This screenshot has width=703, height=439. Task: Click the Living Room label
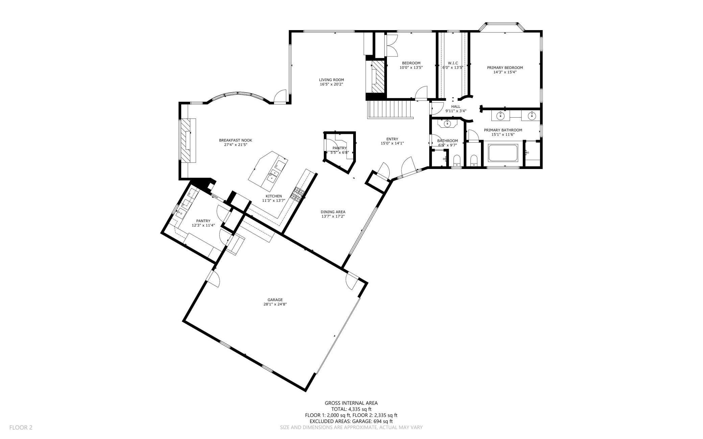(331, 80)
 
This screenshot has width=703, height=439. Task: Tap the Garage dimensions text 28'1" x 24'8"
(275, 304)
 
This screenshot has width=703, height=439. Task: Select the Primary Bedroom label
(505, 68)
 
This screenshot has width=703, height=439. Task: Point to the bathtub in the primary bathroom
(503, 153)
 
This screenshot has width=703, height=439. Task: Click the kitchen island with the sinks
(269, 171)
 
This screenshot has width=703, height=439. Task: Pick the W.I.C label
(453, 63)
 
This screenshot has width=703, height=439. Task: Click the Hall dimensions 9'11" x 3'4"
(456, 111)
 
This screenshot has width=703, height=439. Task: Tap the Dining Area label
(333, 212)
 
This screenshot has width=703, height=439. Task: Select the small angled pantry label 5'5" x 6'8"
(339, 152)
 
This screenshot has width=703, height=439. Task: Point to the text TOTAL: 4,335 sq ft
(351, 409)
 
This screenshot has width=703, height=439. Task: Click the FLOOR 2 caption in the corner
(21, 428)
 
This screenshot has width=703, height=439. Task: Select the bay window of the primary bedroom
(502, 24)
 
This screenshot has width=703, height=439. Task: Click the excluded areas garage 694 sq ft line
(351, 421)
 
